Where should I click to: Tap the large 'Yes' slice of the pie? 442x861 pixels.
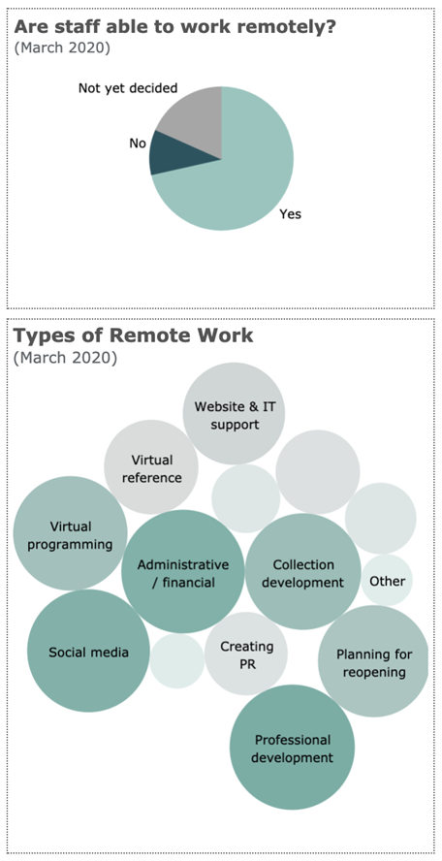click(241, 175)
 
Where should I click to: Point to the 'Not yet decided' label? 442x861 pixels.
click(128, 88)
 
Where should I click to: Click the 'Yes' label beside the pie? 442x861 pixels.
click(291, 214)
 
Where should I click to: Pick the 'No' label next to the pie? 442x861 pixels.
click(138, 143)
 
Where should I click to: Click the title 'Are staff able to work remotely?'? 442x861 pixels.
click(174, 27)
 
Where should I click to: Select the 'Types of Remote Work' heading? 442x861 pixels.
click(134, 335)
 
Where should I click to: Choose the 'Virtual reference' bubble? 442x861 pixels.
click(151, 467)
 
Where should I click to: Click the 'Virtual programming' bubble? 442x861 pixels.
click(71, 533)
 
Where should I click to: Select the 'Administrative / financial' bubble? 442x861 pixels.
click(183, 572)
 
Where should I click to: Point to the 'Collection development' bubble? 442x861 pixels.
click(303, 572)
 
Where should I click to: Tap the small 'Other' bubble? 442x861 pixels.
click(387, 581)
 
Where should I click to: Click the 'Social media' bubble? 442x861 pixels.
click(88, 651)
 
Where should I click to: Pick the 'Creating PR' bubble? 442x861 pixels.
click(246, 654)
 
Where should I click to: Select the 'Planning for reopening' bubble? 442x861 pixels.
click(374, 661)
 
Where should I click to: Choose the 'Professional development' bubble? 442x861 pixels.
click(293, 748)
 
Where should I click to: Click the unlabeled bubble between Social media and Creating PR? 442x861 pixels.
click(177, 661)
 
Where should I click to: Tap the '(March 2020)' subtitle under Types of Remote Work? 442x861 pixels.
click(65, 358)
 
